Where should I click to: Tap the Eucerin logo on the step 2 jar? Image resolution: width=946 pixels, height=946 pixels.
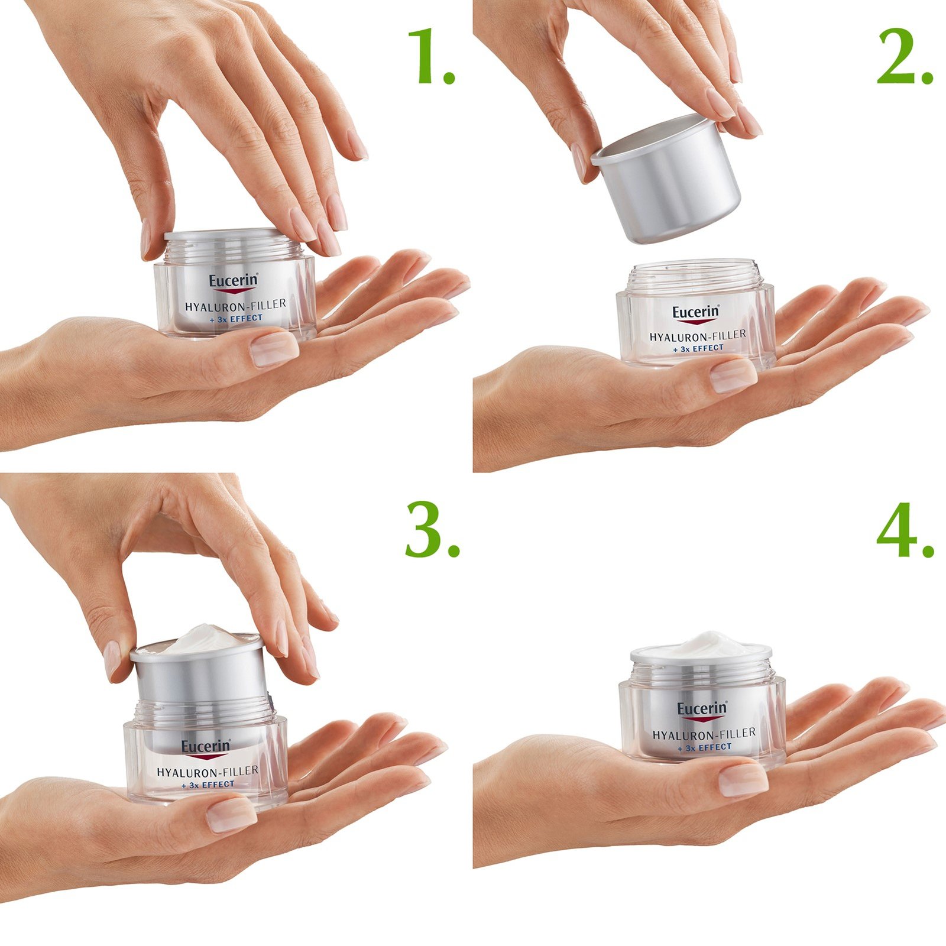point(695,312)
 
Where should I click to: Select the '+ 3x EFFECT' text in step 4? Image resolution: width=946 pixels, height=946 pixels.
point(705,747)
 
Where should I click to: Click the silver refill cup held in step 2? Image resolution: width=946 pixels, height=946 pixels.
point(668,183)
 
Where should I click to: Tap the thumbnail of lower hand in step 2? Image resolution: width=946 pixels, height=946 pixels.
point(733,376)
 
